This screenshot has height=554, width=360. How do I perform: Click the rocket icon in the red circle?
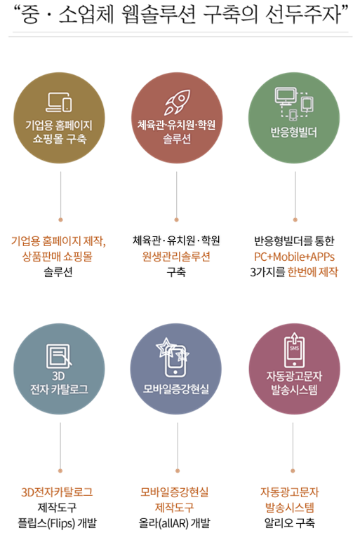tap(177, 102)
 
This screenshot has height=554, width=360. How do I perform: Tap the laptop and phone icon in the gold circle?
tap(59, 102)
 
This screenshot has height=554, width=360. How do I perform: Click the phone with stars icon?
tap(173, 357)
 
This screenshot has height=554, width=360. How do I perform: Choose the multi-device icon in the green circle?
tap(294, 103)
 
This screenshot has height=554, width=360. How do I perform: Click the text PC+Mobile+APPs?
tap(294, 257)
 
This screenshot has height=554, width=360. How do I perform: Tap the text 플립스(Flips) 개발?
tap(57, 523)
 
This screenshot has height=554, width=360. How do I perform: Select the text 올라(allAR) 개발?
tap(174, 523)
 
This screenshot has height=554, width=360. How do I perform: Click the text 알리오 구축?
tap(289, 523)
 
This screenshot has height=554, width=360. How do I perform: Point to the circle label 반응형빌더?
tap(294, 133)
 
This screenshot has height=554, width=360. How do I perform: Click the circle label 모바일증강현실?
tap(175, 389)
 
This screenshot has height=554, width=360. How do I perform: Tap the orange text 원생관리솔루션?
tap(176, 256)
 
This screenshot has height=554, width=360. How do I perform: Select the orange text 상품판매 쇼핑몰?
tap(58, 256)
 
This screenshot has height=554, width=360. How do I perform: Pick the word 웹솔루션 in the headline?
tap(159, 15)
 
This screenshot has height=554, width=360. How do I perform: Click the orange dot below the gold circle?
tap(60, 219)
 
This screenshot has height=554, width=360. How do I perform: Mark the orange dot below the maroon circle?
tap(293, 471)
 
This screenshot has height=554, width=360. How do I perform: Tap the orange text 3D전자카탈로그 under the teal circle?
tap(57, 492)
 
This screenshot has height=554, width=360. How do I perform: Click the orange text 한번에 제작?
tap(312, 272)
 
